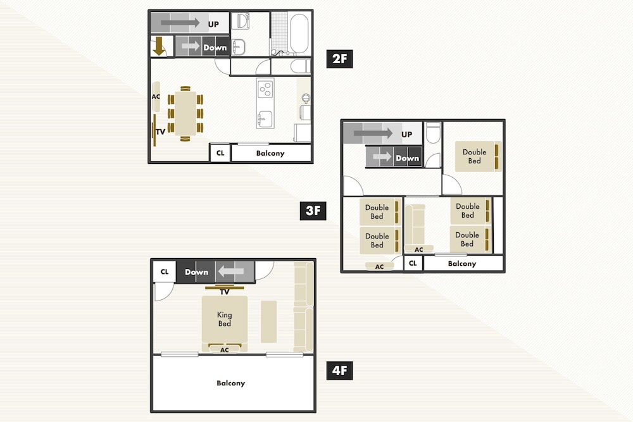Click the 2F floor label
click(x=339, y=59)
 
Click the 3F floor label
click(x=313, y=211)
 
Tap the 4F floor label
click(x=339, y=371)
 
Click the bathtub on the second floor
click(x=299, y=34)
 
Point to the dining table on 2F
click(x=185, y=114)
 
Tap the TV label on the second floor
click(x=160, y=132)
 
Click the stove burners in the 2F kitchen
click(x=265, y=89)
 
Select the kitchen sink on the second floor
click(x=265, y=120)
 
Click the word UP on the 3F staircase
click(x=406, y=134)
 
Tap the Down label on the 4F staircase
click(x=197, y=272)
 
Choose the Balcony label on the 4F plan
click(x=230, y=383)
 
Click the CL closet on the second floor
click(x=220, y=153)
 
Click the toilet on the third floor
click(x=433, y=132)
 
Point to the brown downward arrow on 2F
click(x=159, y=46)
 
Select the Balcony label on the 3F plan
click(x=462, y=263)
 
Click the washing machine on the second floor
click(x=242, y=21)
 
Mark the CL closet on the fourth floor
click(x=165, y=271)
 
